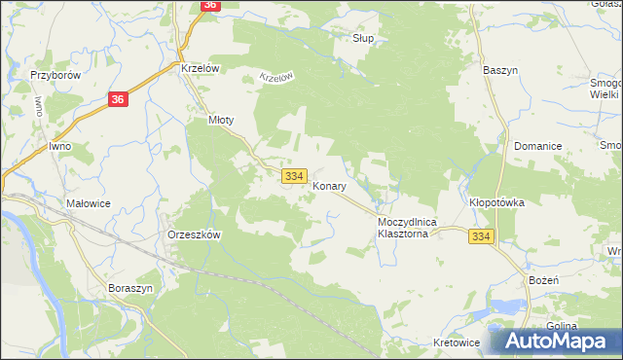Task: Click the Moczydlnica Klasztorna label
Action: (x=409, y=229)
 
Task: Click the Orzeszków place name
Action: (x=196, y=235)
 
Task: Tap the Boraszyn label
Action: (x=129, y=289)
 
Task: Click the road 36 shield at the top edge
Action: (x=210, y=5)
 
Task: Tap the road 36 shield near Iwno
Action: (x=118, y=99)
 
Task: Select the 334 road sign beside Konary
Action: (x=295, y=175)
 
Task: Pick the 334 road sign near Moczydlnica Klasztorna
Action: (x=480, y=237)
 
